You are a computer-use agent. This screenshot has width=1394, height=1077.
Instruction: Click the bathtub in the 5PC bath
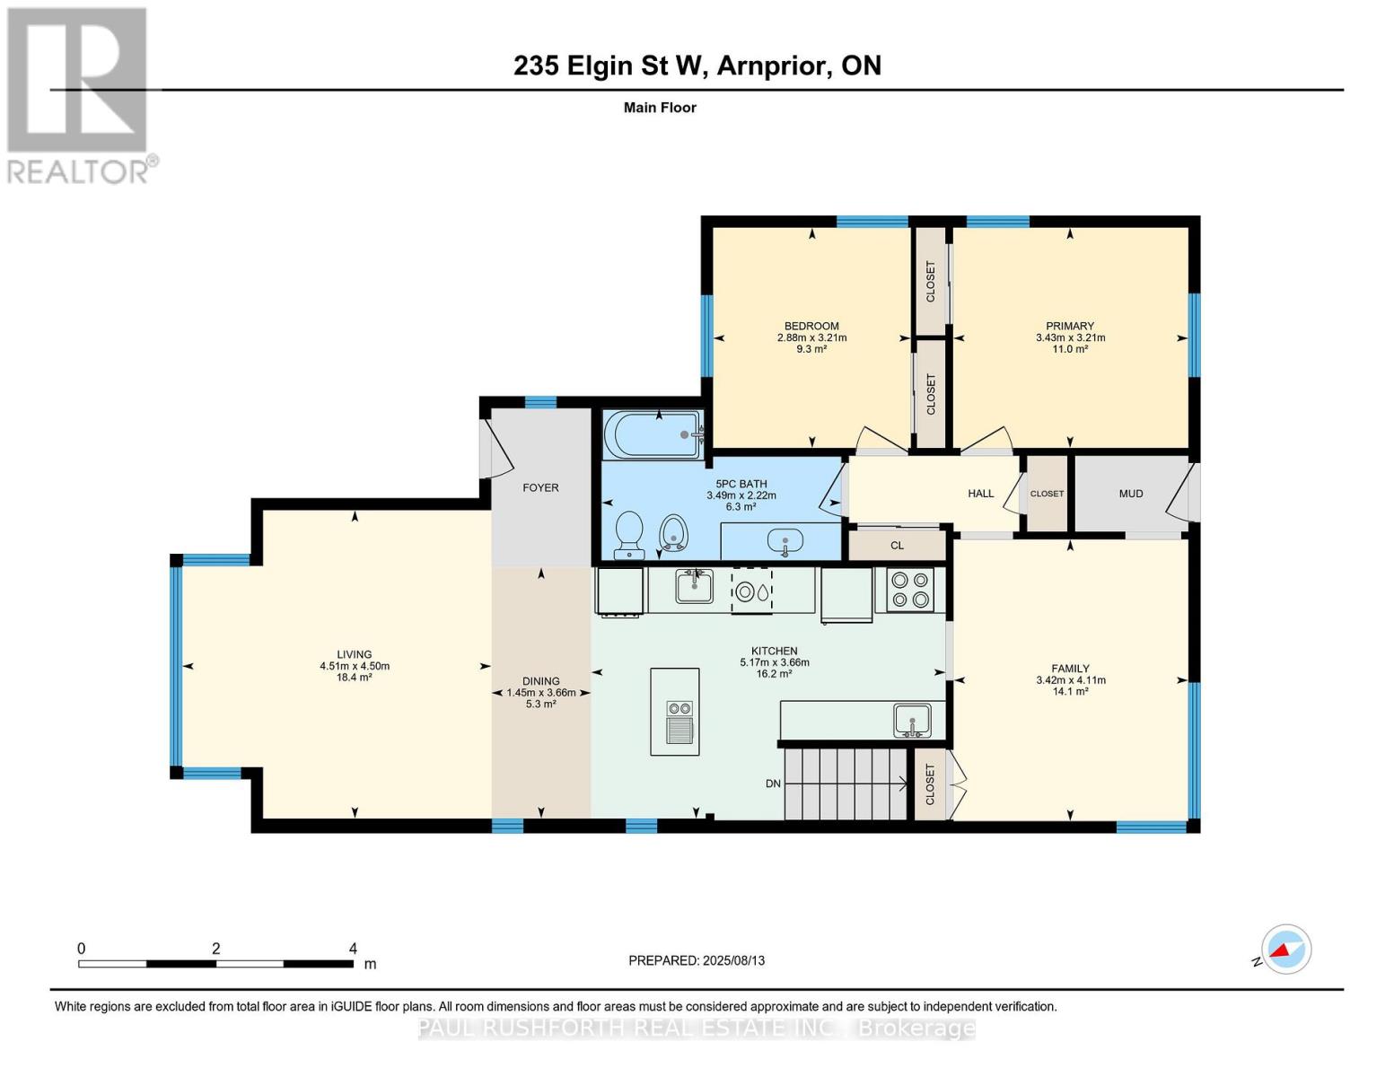coord(652,434)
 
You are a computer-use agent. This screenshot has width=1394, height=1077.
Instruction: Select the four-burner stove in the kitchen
coord(909,591)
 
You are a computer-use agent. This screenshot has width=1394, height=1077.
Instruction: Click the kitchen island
coord(674,711)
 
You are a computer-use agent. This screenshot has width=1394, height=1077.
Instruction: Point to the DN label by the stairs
coord(773,784)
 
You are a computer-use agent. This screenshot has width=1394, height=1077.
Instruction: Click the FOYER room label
coord(540,488)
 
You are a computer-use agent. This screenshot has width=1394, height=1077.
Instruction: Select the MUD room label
coord(1131,494)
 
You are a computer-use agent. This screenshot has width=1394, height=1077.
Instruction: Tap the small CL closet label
coord(897,546)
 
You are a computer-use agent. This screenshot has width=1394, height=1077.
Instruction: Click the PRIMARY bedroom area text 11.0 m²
coord(1070,349)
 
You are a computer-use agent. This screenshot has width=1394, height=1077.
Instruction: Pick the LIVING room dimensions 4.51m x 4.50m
coord(355,666)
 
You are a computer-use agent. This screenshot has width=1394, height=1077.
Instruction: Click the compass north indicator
coord(1285,950)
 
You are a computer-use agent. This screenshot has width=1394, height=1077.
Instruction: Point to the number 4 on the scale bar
coord(353,949)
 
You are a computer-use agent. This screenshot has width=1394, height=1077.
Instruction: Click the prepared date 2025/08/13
coord(733,960)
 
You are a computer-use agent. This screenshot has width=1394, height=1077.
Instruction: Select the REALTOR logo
coord(79,95)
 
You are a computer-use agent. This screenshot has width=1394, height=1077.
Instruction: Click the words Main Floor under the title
coord(660,108)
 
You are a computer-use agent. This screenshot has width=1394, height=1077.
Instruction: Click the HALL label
coord(980,494)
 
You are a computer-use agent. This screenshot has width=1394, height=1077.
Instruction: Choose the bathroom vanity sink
coord(785,542)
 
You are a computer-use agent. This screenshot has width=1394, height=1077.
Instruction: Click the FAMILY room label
coord(1070,669)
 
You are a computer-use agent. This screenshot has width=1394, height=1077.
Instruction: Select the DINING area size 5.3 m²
coord(540,705)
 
